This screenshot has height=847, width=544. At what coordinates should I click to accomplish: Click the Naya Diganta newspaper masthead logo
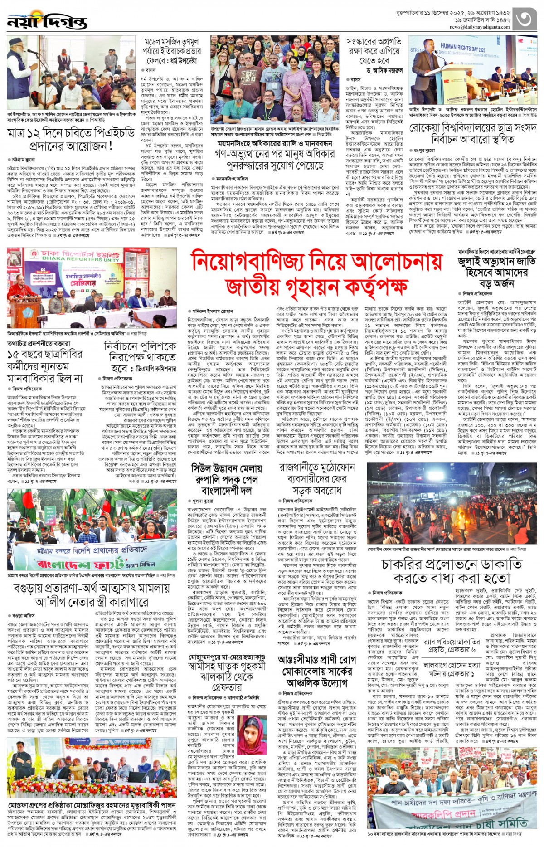(x=47, y=21)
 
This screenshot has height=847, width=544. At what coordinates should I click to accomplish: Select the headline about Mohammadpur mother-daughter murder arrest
(x=227, y=674)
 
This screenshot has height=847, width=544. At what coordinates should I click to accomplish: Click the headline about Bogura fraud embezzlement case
(x=92, y=595)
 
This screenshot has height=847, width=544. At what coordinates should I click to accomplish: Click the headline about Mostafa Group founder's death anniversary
(x=91, y=805)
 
